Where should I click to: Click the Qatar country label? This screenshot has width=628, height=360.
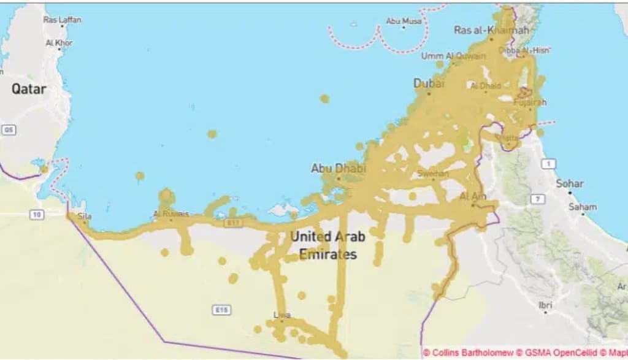point(29,89)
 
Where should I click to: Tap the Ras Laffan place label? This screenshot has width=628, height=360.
point(62,20)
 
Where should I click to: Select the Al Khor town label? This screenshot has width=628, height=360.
point(59,43)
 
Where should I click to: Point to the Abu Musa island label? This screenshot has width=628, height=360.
point(404,21)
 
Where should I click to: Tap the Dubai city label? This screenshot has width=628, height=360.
point(429,83)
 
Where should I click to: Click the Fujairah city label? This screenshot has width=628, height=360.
point(529,102)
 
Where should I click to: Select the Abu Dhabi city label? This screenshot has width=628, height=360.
point(338,167)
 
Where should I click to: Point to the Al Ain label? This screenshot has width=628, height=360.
point(472,196)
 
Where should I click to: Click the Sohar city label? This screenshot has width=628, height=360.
point(570,183)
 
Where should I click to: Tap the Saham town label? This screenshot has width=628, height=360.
point(582,207)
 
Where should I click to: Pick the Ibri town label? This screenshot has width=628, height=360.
point(545,305)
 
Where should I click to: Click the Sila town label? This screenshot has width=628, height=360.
point(85,216)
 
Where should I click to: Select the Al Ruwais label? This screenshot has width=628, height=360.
point(170,214)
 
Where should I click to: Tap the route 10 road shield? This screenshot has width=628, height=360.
point(37,214)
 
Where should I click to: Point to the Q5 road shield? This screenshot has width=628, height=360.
point(8,130)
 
